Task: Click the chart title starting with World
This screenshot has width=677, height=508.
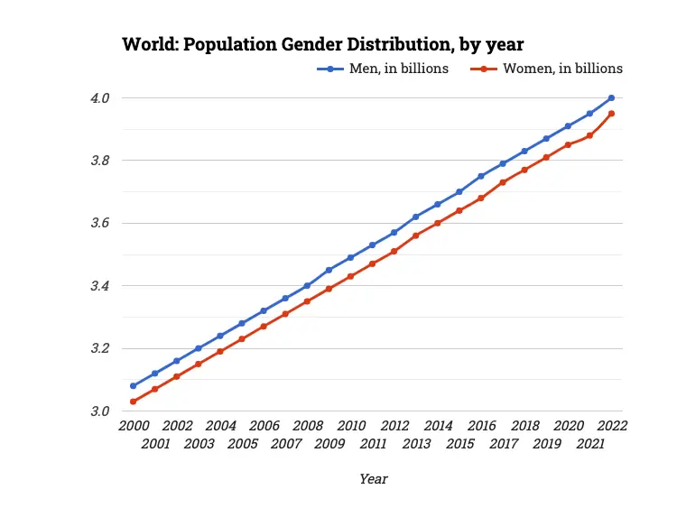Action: pyautogui.click(x=322, y=43)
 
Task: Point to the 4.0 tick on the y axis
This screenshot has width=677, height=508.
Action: pyautogui.click(x=99, y=97)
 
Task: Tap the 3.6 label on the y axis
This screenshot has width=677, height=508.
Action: pyautogui.click(x=99, y=223)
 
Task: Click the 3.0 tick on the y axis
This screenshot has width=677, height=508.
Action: pyautogui.click(x=99, y=411)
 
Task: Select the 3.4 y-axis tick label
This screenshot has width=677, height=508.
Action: pyautogui.click(x=99, y=286)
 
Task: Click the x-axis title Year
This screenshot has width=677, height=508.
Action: pyautogui.click(x=373, y=479)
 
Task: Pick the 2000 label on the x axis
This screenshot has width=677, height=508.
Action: pyautogui.click(x=133, y=426)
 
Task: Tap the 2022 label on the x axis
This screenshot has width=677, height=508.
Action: pyautogui.click(x=611, y=426)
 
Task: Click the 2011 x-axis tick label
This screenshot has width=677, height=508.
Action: pyautogui.click(x=373, y=443)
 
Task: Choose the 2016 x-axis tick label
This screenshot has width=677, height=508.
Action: pyautogui.click(x=481, y=426)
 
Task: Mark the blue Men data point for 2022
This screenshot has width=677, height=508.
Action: pyautogui.click(x=611, y=97)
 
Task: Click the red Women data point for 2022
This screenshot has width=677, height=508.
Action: pyautogui.click(x=611, y=114)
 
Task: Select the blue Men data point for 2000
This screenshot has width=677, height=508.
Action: pyautogui.click(x=133, y=386)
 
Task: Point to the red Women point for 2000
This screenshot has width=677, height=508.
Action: pyautogui.click(x=133, y=402)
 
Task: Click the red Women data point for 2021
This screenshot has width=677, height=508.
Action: pyautogui.click(x=589, y=135)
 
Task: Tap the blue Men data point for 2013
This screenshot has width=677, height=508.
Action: pyautogui.click(x=416, y=217)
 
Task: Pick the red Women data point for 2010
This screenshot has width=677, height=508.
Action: pyautogui.click(x=350, y=276)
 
